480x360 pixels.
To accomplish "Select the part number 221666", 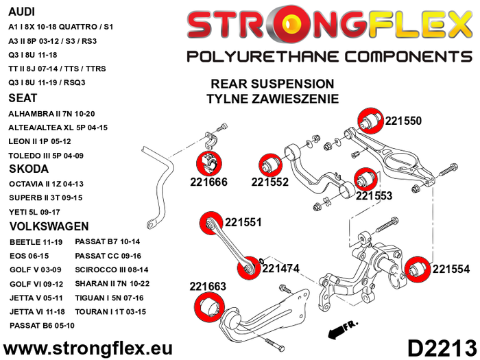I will [x=208, y=182].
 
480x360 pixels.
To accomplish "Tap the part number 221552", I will [x=270, y=182].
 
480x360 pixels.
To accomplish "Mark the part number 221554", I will [x=451, y=269].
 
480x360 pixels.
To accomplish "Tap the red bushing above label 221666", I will [x=209, y=163].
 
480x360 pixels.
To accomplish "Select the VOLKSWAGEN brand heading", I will [x=49, y=226].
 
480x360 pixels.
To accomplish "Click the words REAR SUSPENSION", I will [x=272, y=84].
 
